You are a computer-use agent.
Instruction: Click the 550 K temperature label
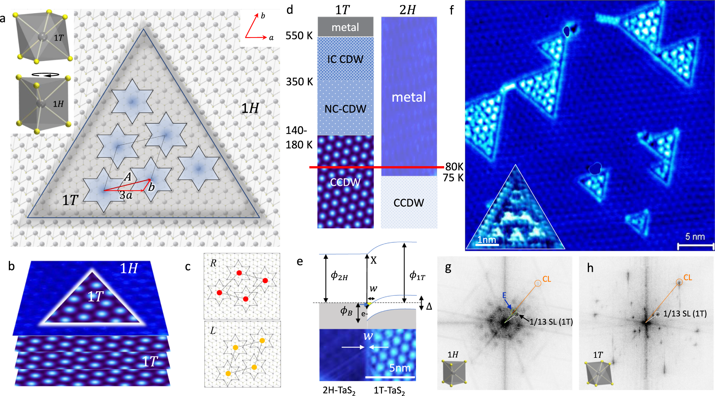tap(299, 36)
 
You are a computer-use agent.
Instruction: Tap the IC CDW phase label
tap(345, 59)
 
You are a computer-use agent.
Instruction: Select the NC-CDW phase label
tap(345, 109)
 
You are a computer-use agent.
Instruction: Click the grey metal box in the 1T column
tap(345, 27)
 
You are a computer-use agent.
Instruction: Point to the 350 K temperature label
tap(299, 82)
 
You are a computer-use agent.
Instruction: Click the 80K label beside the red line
tap(454, 167)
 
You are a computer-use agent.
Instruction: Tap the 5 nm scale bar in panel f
tap(695, 245)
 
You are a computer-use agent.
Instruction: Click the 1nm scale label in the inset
tap(487, 239)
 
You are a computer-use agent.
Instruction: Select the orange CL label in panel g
tap(547, 279)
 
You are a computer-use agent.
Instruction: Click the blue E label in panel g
tap(504, 295)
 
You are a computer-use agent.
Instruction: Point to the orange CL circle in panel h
tap(679, 282)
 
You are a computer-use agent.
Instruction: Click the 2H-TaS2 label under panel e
tap(339, 391)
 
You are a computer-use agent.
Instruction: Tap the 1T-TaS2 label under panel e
tap(389, 391)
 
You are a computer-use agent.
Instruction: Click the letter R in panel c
tap(213, 263)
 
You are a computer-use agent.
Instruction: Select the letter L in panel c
tap(213, 331)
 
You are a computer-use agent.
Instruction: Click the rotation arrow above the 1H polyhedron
tap(45, 75)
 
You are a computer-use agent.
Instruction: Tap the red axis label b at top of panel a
tap(263, 16)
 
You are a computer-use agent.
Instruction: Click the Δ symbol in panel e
tap(429, 306)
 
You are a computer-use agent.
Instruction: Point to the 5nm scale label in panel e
tap(400, 368)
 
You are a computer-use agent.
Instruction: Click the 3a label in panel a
tap(126, 196)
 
